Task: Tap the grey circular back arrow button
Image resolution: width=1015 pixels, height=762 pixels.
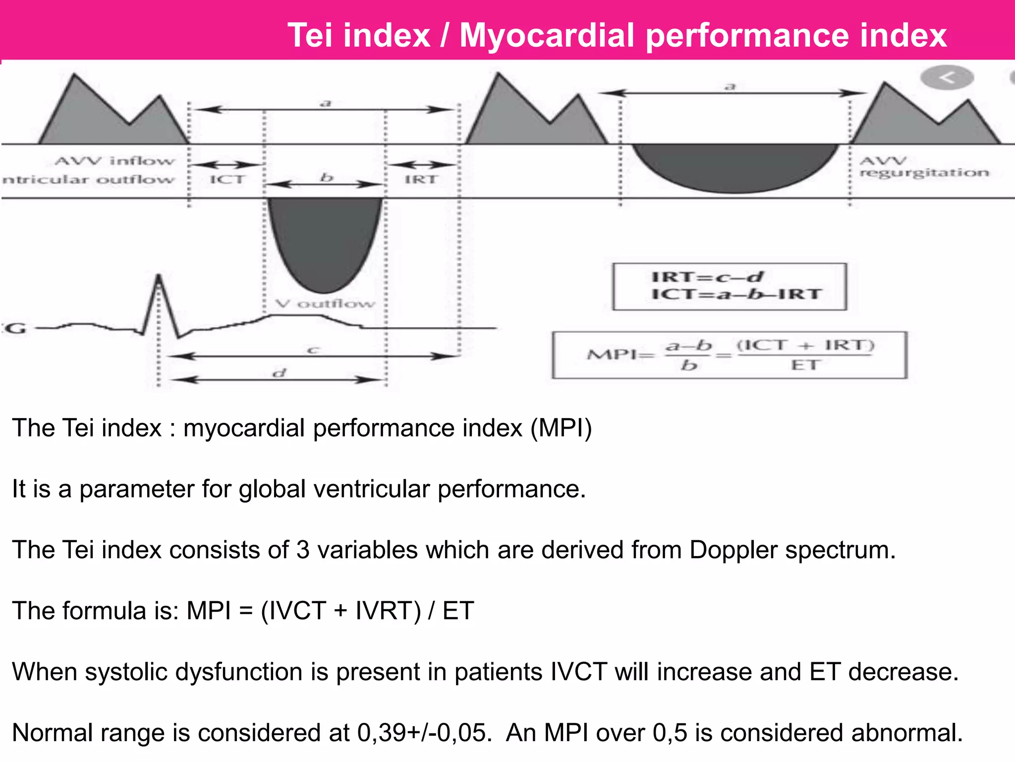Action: pos(947,78)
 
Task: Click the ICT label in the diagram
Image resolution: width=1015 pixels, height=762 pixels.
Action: pos(227,179)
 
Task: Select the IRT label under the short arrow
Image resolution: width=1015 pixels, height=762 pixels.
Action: pos(421,179)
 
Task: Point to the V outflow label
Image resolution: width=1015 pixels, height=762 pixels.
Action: pos(325,303)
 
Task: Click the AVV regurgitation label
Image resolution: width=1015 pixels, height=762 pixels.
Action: pos(924,167)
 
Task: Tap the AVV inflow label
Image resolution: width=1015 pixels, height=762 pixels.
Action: pos(115,161)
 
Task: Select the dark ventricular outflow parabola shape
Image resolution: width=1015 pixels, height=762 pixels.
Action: pos(325,238)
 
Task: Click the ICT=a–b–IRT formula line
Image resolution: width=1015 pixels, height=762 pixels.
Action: pos(736,294)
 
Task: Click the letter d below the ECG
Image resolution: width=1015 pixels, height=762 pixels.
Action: pos(280,372)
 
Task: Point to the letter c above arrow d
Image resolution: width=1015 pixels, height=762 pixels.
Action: pos(312,350)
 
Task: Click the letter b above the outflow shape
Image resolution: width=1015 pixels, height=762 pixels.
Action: pos(326,177)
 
